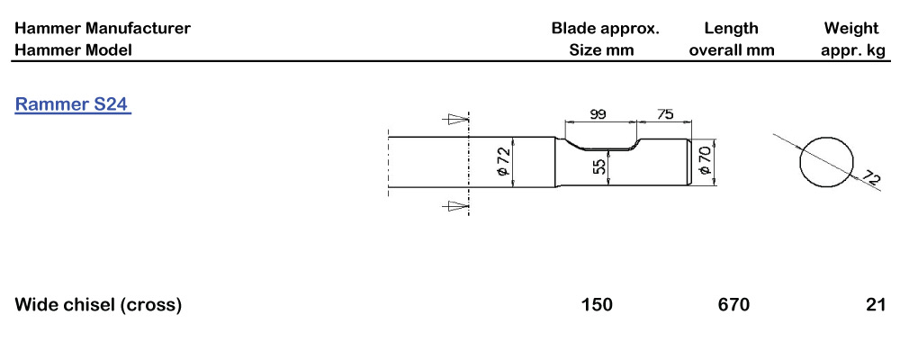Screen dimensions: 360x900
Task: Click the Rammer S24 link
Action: click(73, 104)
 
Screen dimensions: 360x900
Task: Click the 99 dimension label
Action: click(597, 114)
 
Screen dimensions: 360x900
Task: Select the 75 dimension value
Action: click(665, 114)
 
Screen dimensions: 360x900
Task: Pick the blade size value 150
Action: click(597, 305)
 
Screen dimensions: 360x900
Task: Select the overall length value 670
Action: click(733, 305)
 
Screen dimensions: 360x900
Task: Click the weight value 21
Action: click(876, 305)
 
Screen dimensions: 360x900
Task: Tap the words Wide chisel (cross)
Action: click(98, 305)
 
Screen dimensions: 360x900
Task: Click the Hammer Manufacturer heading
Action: click(103, 29)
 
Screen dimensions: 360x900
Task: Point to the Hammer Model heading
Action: click(73, 50)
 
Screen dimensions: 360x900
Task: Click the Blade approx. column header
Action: click(605, 29)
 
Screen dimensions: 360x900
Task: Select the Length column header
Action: click(732, 29)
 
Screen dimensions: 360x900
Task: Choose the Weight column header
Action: click(854, 29)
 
